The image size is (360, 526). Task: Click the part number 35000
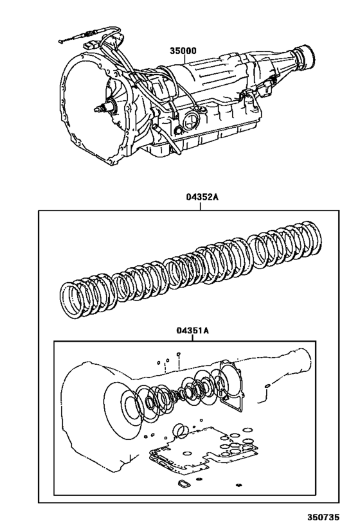click(x=183, y=50)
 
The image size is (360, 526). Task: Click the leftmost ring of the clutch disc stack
click(x=73, y=299)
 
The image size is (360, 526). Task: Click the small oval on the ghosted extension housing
click(x=266, y=387)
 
